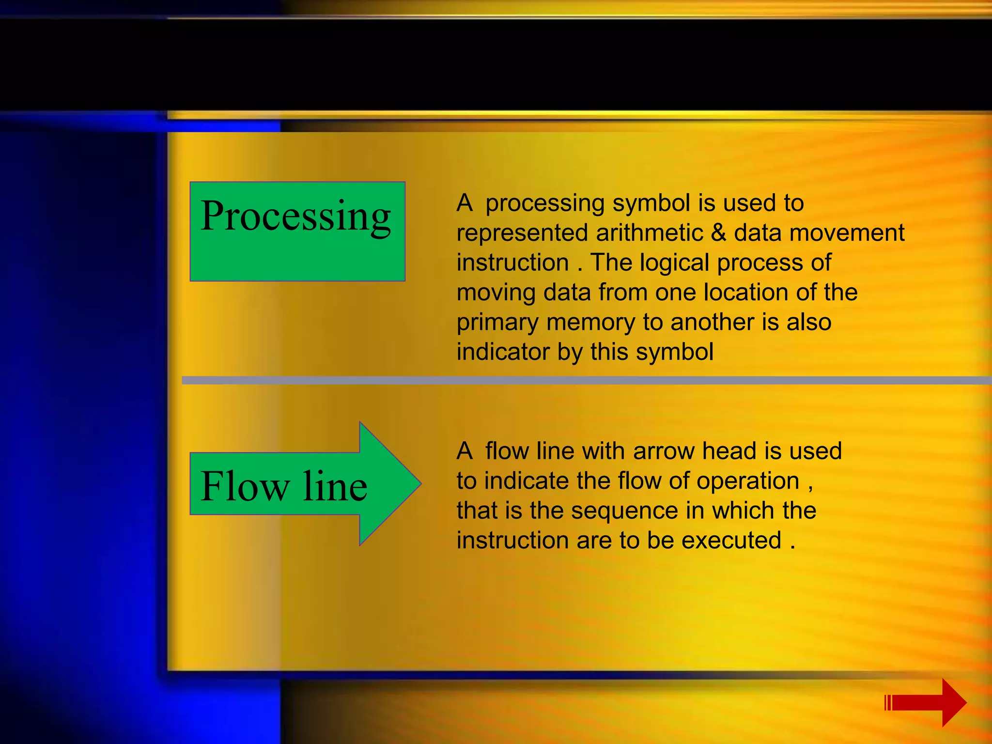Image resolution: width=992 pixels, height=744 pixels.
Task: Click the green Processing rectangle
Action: pos(297,232)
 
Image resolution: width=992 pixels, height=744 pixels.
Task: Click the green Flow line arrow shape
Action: pos(300,484)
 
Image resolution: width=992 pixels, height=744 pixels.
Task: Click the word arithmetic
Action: pos(649,233)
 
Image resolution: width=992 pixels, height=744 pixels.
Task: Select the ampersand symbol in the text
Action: pos(718,233)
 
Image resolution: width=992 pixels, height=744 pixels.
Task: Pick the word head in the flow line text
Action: pos(729,451)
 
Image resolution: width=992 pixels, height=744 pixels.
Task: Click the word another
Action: pos(712,323)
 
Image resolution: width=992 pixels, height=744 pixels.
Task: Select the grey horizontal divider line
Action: pos(581,380)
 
